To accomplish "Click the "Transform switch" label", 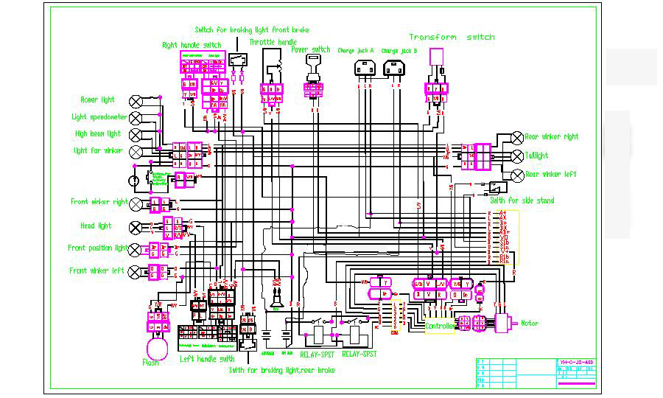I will tap(452, 37).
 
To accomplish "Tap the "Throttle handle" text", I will tap(273, 42).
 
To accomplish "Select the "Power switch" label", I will tap(310, 50).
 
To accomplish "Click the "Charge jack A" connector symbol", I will tap(365, 68).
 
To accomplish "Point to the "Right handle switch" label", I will tap(192, 45).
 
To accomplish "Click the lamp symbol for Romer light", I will tap(136, 101).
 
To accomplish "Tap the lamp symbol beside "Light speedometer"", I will tap(136, 117).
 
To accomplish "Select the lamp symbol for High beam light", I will tap(136, 134).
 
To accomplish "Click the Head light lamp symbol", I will tap(136, 226).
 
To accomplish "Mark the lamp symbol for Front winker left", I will tap(136, 271).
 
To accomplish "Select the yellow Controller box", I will tap(440, 326).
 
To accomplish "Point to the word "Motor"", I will tap(530, 323).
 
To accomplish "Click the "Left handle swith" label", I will tap(208, 359).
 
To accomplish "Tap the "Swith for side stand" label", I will tap(522, 200).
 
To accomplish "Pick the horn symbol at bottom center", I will tap(277, 300).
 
